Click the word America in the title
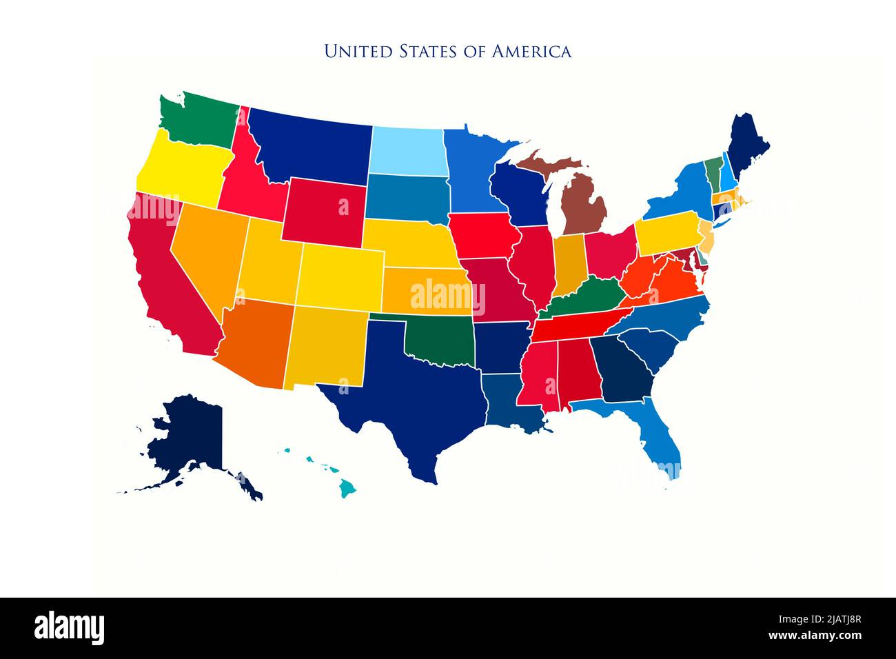coord(531,51)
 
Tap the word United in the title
coord(351,51)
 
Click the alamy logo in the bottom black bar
coord(70,628)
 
